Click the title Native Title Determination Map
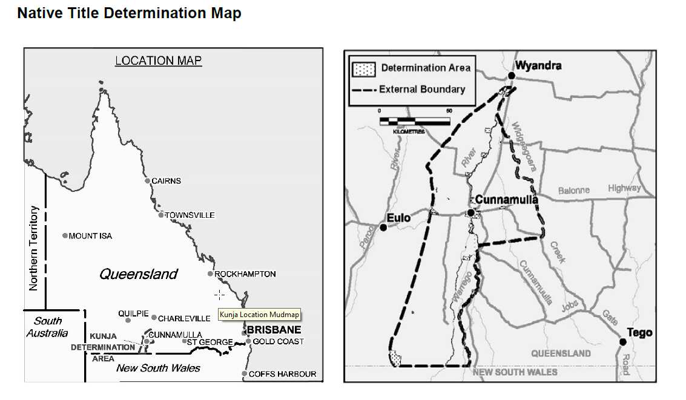(129, 13)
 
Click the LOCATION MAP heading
(159, 61)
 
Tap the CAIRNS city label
(166, 181)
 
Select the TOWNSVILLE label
(190, 215)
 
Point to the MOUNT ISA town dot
(65, 235)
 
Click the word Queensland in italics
(139, 274)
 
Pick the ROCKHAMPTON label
(245, 274)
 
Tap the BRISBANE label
(274, 330)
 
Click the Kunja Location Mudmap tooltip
(259, 315)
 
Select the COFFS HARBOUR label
(282, 374)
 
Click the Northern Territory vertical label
(34, 248)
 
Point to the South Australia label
(47, 327)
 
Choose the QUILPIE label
(134, 313)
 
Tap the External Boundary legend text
(422, 90)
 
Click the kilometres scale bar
(415, 122)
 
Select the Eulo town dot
(383, 228)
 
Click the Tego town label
(640, 332)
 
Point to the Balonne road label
(573, 190)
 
